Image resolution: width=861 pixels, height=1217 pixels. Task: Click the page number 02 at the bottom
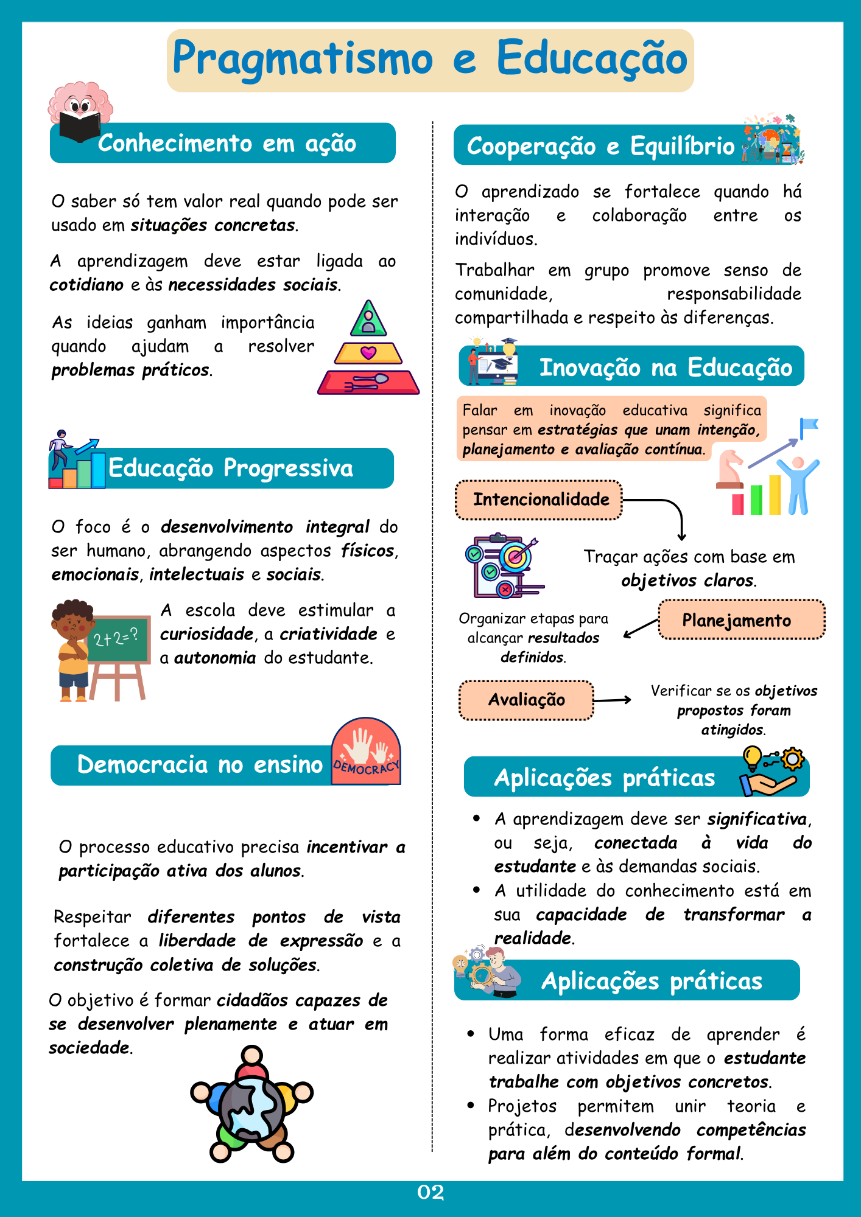(430, 1192)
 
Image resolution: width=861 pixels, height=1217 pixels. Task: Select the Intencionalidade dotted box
(539, 500)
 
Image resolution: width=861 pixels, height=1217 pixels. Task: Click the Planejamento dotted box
(741, 620)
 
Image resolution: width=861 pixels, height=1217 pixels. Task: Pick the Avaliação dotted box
(526, 700)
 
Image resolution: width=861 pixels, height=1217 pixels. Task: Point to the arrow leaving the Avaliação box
(612, 700)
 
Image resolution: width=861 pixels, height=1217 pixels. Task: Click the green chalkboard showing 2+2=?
(118, 638)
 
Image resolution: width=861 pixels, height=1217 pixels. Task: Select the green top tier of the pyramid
(368, 319)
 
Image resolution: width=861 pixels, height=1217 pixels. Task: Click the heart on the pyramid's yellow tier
(368, 352)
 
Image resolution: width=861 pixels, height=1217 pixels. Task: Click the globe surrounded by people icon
(251, 1104)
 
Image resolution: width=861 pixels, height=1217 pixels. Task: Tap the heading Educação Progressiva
(231, 468)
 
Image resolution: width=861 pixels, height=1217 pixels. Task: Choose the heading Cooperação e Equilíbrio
(600, 146)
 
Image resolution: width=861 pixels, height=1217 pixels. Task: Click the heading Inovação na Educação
(666, 368)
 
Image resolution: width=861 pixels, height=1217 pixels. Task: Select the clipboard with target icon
(505, 566)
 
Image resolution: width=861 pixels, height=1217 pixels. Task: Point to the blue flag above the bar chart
(809, 427)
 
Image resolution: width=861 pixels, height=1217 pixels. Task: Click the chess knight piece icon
(730, 469)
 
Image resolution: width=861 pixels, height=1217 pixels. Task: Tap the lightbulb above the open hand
(753, 758)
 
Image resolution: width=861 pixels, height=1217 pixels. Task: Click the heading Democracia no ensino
(200, 765)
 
